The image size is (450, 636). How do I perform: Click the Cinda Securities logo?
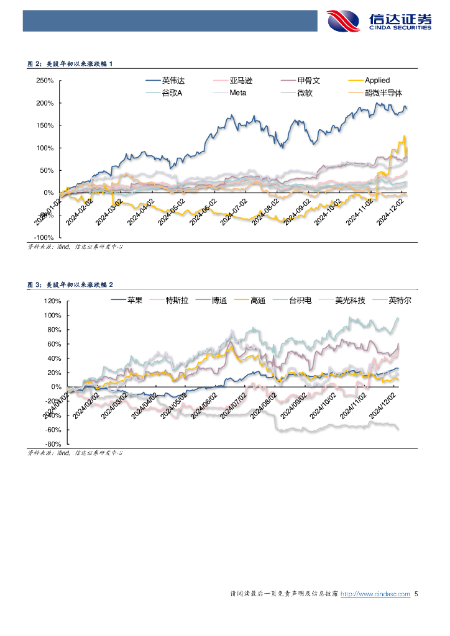pos(379,21)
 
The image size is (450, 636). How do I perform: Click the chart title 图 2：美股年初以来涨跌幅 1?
pos(70,63)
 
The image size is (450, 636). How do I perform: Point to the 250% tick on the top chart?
pos(45,81)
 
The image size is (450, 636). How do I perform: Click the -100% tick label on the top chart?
pos(44,237)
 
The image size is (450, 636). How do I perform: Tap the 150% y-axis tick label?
pos(45,125)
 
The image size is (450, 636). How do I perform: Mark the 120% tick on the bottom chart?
pos(52,301)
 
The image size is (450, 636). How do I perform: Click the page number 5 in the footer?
pos(416,594)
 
